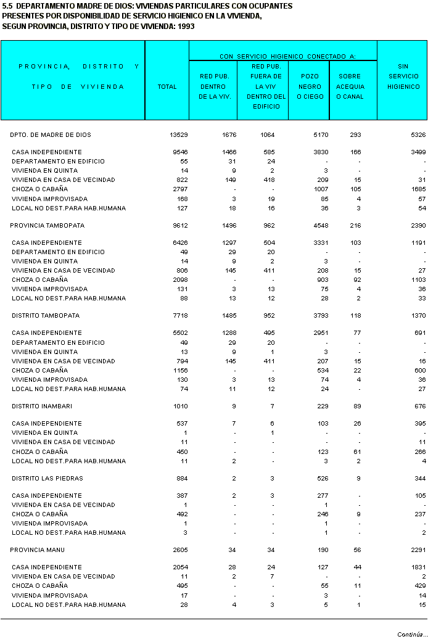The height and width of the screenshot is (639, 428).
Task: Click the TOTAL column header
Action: tap(167, 87)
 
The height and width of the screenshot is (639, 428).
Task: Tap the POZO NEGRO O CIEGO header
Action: tap(310, 86)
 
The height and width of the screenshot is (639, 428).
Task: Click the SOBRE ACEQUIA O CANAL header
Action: tap(350, 86)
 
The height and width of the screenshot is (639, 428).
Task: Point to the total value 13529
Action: tap(179, 134)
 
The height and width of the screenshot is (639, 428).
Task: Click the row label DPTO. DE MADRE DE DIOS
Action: tap(51, 134)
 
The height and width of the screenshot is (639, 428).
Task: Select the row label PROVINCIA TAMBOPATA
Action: tap(47, 226)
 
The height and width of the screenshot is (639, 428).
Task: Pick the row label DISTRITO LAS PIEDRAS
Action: tap(47, 478)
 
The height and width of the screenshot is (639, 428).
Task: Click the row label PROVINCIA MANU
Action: tap(38, 550)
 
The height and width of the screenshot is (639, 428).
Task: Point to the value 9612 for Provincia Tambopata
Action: tap(181, 226)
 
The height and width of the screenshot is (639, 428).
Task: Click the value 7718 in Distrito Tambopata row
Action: tap(181, 316)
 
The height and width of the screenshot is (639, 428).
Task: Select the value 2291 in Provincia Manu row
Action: tap(418, 550)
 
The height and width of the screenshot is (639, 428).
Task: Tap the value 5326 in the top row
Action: tap(418, 134)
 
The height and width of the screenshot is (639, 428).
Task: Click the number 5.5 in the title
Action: tap(7, 6)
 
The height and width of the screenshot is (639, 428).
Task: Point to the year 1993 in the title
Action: tap(187, 27)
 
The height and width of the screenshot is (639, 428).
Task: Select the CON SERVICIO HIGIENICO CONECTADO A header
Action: tap(287, 56)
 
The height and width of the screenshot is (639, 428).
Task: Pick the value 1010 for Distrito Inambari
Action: tap(181, 406)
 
